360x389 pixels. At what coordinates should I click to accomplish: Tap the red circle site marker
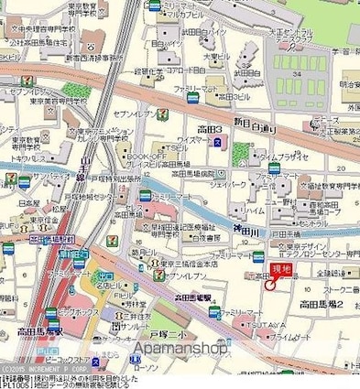pos(269,284)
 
